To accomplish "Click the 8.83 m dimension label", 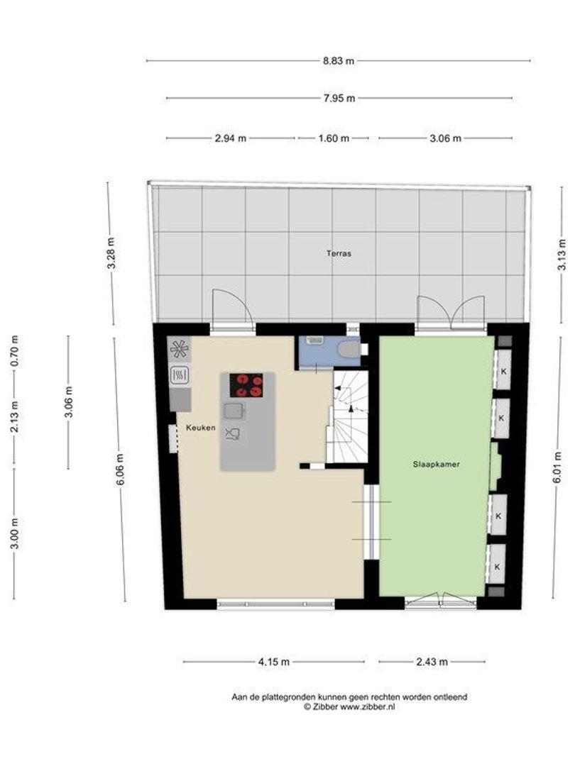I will [338, 61].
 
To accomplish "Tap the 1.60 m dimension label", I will [333, 138].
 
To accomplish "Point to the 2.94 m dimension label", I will [230, 138].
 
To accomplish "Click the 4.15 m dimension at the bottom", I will [273, 662].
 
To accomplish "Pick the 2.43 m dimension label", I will [431, 662].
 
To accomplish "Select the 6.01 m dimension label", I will [558, 467].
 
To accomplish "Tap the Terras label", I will [339, 252].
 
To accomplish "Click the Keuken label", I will [201, 428].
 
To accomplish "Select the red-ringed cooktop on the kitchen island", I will [246, 385].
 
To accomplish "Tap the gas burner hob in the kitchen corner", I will [179, 348].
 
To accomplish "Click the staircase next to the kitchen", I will [348, 418].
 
